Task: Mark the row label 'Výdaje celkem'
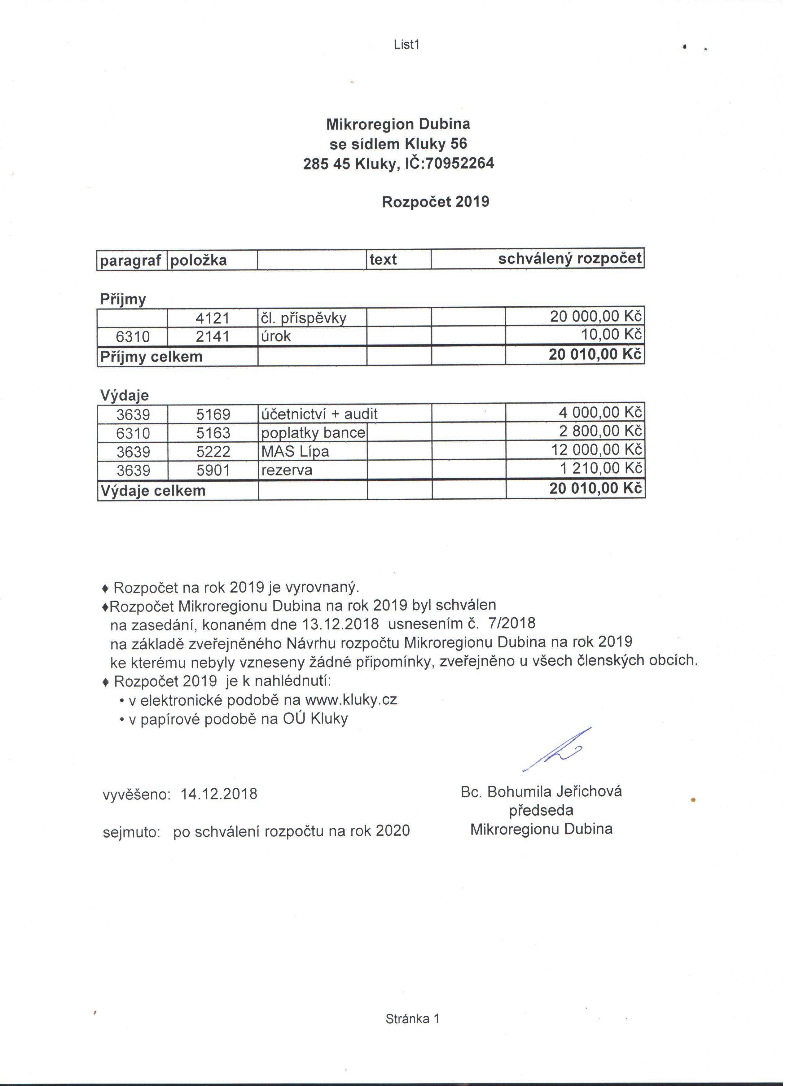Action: [154, 494]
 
